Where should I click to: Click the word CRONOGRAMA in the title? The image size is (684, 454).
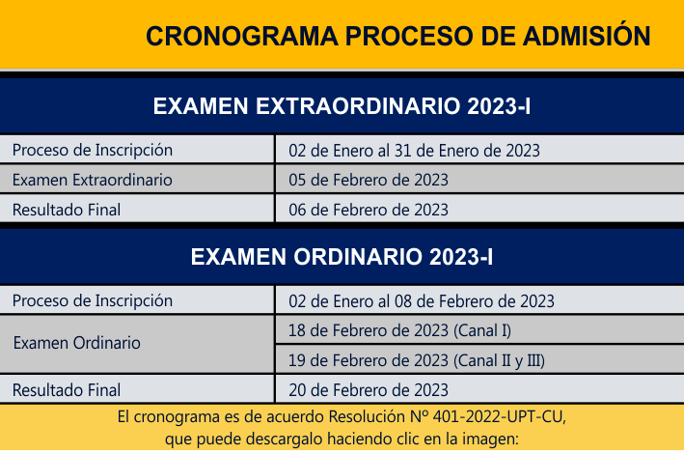click(x=242, y=37)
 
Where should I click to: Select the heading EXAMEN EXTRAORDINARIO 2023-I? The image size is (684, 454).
click(x=342, y=106)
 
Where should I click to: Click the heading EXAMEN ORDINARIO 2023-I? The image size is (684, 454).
click(x=342, y=257)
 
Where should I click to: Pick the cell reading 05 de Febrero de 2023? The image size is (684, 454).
click(x=369, y=180)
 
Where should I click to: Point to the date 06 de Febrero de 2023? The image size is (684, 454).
click(x=369, y=210)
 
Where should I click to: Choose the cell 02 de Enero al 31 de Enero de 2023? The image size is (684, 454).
click(x=415, y=151)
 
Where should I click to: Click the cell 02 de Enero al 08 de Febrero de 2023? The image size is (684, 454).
click(x=422, y=301)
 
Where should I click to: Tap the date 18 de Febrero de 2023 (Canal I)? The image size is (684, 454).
click(x=399, y=330)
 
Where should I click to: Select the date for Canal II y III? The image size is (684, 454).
click(x=417, y=360)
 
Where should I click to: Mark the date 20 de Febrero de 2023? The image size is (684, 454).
click(x=369, y=390)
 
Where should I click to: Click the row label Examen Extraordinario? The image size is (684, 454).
click(x=93, y=180)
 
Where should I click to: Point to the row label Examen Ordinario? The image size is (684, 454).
click(x=77, y=343)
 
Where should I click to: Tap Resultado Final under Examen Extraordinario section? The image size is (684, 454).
click(x=67, y=210)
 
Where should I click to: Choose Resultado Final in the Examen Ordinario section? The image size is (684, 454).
click(x=67, y=390)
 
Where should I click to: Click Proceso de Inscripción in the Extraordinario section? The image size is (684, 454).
click(x=93, y=151)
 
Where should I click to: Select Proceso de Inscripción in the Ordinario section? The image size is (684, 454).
click(x=93, y=301)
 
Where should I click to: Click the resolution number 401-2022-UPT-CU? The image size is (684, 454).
click(x=498, y=417)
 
